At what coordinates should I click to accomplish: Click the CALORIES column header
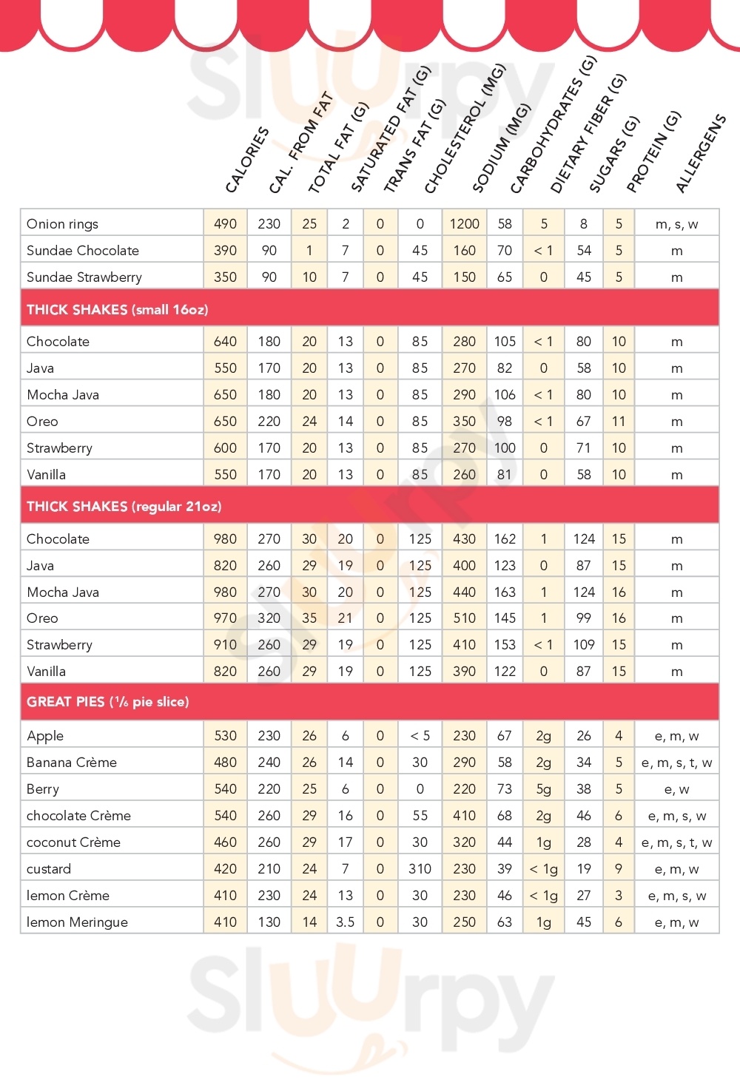click(246, 160)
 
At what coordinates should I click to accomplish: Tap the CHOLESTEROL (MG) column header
click(464, 129)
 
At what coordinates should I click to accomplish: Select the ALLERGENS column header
click(700, 154)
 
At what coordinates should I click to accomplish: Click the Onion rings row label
click(62, 224)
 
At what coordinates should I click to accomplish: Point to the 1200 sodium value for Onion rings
click(464, 224)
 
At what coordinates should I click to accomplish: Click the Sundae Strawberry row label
click(84, 277)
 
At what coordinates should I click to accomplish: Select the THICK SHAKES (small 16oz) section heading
click(117, 310)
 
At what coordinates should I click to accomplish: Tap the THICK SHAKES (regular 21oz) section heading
click(124, 507)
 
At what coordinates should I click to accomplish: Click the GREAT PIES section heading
click(107, 702)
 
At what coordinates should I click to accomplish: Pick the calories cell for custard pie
click(225, 869)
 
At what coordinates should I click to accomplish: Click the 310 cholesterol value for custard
click(420, 869)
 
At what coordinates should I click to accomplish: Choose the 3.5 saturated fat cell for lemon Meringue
click(345, 922)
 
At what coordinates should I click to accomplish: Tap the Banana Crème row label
click(72, 763)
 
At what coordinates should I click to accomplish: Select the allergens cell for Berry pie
click(676, 789)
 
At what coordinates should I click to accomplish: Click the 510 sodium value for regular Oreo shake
click(464, 618)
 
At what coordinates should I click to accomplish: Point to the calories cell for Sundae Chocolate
click(225, 251)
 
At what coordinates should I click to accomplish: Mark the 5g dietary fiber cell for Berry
click(543, 789)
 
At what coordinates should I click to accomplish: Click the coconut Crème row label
click(73, 842)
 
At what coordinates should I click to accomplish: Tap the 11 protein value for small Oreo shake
click(619, 422)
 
